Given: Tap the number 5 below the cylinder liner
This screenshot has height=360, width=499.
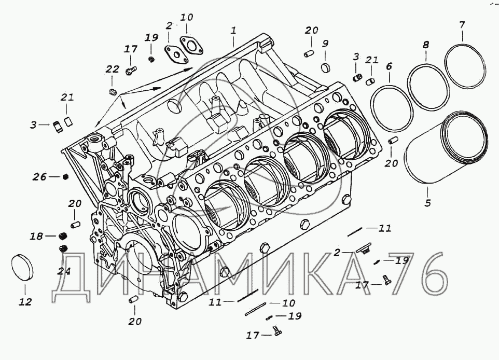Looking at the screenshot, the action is pyautogui.click(x=427, y=203).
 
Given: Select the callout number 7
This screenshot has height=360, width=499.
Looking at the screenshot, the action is pyautogui.click(x=462, y=24).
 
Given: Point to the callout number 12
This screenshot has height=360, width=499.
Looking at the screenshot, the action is pyautogui.click(x=25, y=302).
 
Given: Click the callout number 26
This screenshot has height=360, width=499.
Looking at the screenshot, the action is pyautogui.click(x=39, y=177).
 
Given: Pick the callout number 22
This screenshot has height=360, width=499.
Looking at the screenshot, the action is pyautogui.click(x=112, y=70).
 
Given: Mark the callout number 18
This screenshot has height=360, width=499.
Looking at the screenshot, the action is pyautogui.click(x=35, y=236).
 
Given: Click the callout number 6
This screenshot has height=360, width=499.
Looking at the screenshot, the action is pyautogui.click(x=389, y=66).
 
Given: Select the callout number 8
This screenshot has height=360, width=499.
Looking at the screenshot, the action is pyautogui.click(x=425, y=45).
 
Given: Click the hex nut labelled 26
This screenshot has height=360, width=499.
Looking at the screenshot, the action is pyautogui.click(x=65, y=177).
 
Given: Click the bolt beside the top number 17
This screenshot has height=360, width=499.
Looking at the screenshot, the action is pyautogui.click(x=130, y=68).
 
